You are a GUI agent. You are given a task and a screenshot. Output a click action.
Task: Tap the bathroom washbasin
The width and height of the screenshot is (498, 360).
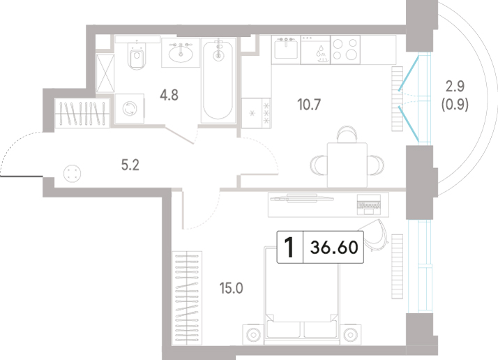click(x=181, y=53)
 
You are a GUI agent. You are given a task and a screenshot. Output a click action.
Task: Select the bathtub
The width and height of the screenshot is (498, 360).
click(x=218, y=80)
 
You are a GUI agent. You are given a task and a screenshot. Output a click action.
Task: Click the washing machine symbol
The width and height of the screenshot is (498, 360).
click(x=130, y=108)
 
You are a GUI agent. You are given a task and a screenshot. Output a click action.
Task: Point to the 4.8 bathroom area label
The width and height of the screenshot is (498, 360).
click(x=169, y=95)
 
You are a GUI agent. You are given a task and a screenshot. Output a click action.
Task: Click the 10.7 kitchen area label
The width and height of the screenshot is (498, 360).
click(x=309, y=105)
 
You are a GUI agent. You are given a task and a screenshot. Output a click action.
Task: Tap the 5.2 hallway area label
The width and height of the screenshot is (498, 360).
click(x=130, y=165)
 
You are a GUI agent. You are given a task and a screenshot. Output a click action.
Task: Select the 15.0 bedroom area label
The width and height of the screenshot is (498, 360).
click(x=232, y=288)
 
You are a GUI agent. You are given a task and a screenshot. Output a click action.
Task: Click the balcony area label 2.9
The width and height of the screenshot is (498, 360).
click(x=455, y=86)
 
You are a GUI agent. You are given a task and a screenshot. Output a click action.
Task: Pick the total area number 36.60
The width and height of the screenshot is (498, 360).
click(x=334, y=247)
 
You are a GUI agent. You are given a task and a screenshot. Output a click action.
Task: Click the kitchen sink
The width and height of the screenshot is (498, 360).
click(x=286, y=50)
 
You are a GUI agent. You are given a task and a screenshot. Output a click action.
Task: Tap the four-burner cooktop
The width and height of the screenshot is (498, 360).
click(x=345, y=50)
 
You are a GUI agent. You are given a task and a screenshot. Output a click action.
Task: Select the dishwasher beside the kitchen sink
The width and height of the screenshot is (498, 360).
click(x=316, y=50)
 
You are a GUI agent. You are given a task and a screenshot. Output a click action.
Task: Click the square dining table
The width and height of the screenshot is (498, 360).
click(x=347, y=165)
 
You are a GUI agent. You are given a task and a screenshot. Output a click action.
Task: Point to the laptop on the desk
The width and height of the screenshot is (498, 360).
click(x=369, y=204)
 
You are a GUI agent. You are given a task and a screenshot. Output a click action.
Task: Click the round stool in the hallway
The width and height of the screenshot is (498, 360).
click(x=72, y=174)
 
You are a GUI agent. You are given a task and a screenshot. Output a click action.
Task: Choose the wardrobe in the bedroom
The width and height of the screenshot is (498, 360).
click(x=187, y=298)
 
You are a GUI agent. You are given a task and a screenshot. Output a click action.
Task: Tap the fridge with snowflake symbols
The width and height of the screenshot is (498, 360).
click(x=256, y=113)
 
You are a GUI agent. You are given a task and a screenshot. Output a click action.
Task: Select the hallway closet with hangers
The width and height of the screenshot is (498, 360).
click(x=82, y=113)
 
